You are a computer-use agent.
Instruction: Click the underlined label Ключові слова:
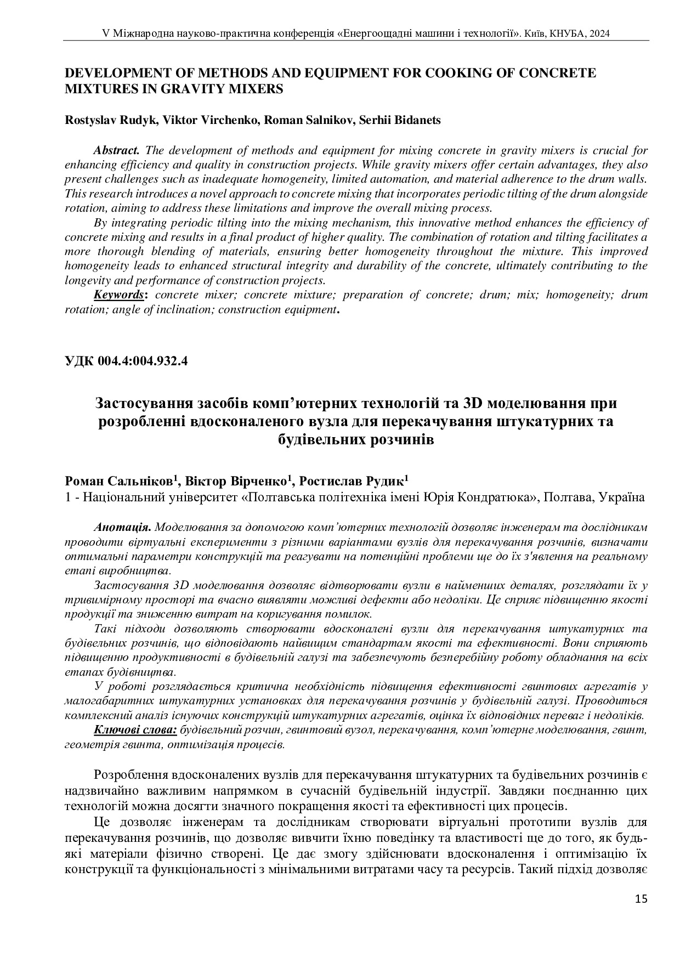pyautogui.click(x=135, y=730)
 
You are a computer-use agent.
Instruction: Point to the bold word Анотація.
pyautogui.click(x=123, y=528)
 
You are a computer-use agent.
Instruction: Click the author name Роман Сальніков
pyautogui.click(x=120, y=482)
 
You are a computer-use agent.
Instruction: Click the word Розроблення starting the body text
pyautogui.click(x=130, y=776)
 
